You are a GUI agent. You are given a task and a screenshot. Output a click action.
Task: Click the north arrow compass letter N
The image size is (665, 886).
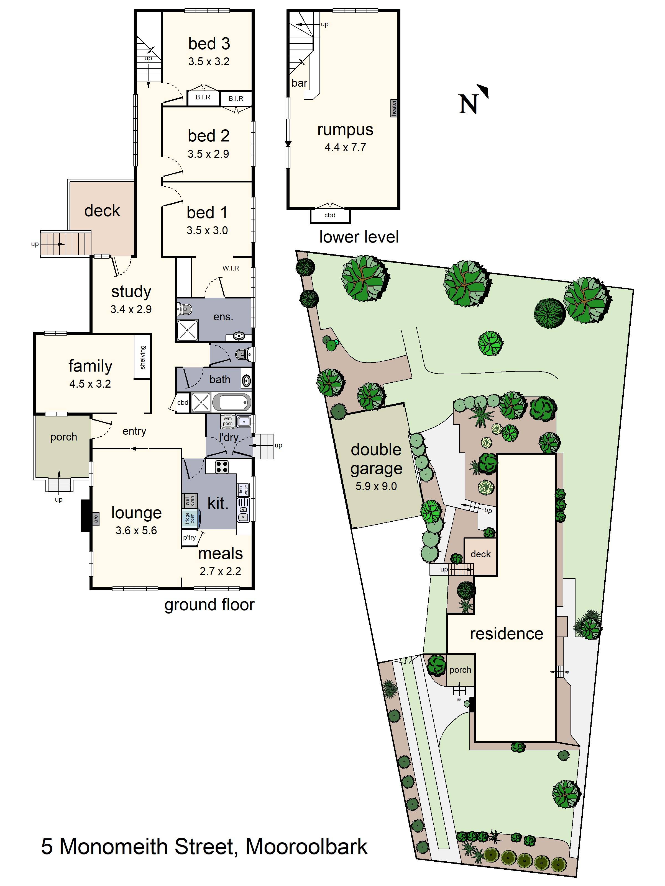pos(468,104)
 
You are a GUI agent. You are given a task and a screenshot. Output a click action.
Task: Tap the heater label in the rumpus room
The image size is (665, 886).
pos(394,108)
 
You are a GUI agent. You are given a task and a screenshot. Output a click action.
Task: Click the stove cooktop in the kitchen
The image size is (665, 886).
pos(222,467)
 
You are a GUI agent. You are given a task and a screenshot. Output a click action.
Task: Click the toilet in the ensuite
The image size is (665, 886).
pos(184,309)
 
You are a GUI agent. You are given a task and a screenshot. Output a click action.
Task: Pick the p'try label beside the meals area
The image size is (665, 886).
pos(189,537)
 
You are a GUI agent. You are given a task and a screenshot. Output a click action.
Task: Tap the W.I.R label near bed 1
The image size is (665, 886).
pos(231,268)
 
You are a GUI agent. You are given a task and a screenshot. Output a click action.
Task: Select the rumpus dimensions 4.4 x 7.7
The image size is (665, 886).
pos(345,147)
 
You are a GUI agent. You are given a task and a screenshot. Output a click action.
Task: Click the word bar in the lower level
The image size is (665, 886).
pos(300,83)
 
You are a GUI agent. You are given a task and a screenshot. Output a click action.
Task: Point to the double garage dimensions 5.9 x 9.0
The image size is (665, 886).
pos(376,486)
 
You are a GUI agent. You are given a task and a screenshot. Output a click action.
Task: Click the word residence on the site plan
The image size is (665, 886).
pos(507,634)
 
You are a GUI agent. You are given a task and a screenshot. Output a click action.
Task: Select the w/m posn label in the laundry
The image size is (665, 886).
pos(228,421)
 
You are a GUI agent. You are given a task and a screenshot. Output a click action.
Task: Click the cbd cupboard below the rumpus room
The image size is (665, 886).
pos(330,215)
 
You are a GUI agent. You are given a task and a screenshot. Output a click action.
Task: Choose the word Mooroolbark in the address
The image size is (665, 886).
pos(307,846)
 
